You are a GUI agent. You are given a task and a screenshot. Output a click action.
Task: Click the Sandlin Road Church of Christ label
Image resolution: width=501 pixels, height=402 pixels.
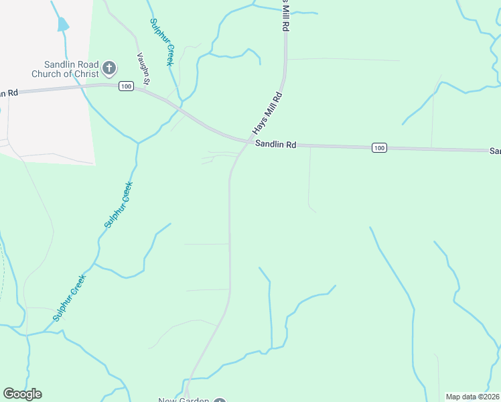pos(62,69)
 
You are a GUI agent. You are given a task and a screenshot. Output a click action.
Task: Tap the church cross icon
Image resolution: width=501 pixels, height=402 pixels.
pos(109,68)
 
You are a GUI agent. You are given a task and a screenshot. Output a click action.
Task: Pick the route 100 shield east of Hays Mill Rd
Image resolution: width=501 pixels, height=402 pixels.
pos(379,147)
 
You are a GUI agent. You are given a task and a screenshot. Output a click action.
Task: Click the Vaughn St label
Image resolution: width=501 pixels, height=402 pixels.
pos(143,68)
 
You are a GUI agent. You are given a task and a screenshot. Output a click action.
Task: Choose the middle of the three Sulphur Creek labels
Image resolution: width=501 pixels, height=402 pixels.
pos(119,205)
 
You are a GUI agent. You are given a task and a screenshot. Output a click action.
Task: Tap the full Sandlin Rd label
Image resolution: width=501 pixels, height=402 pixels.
pos(275,144)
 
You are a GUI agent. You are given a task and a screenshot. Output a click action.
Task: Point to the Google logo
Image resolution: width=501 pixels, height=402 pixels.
pos(22,394)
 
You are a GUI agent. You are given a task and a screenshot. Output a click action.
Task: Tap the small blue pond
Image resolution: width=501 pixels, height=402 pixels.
pos(63,25)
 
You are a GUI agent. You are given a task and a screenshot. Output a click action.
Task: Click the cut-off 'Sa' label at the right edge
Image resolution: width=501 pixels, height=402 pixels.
pos(495,151)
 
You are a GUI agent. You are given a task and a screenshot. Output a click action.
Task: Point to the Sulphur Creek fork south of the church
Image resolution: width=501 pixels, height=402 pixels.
pos(137,143)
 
